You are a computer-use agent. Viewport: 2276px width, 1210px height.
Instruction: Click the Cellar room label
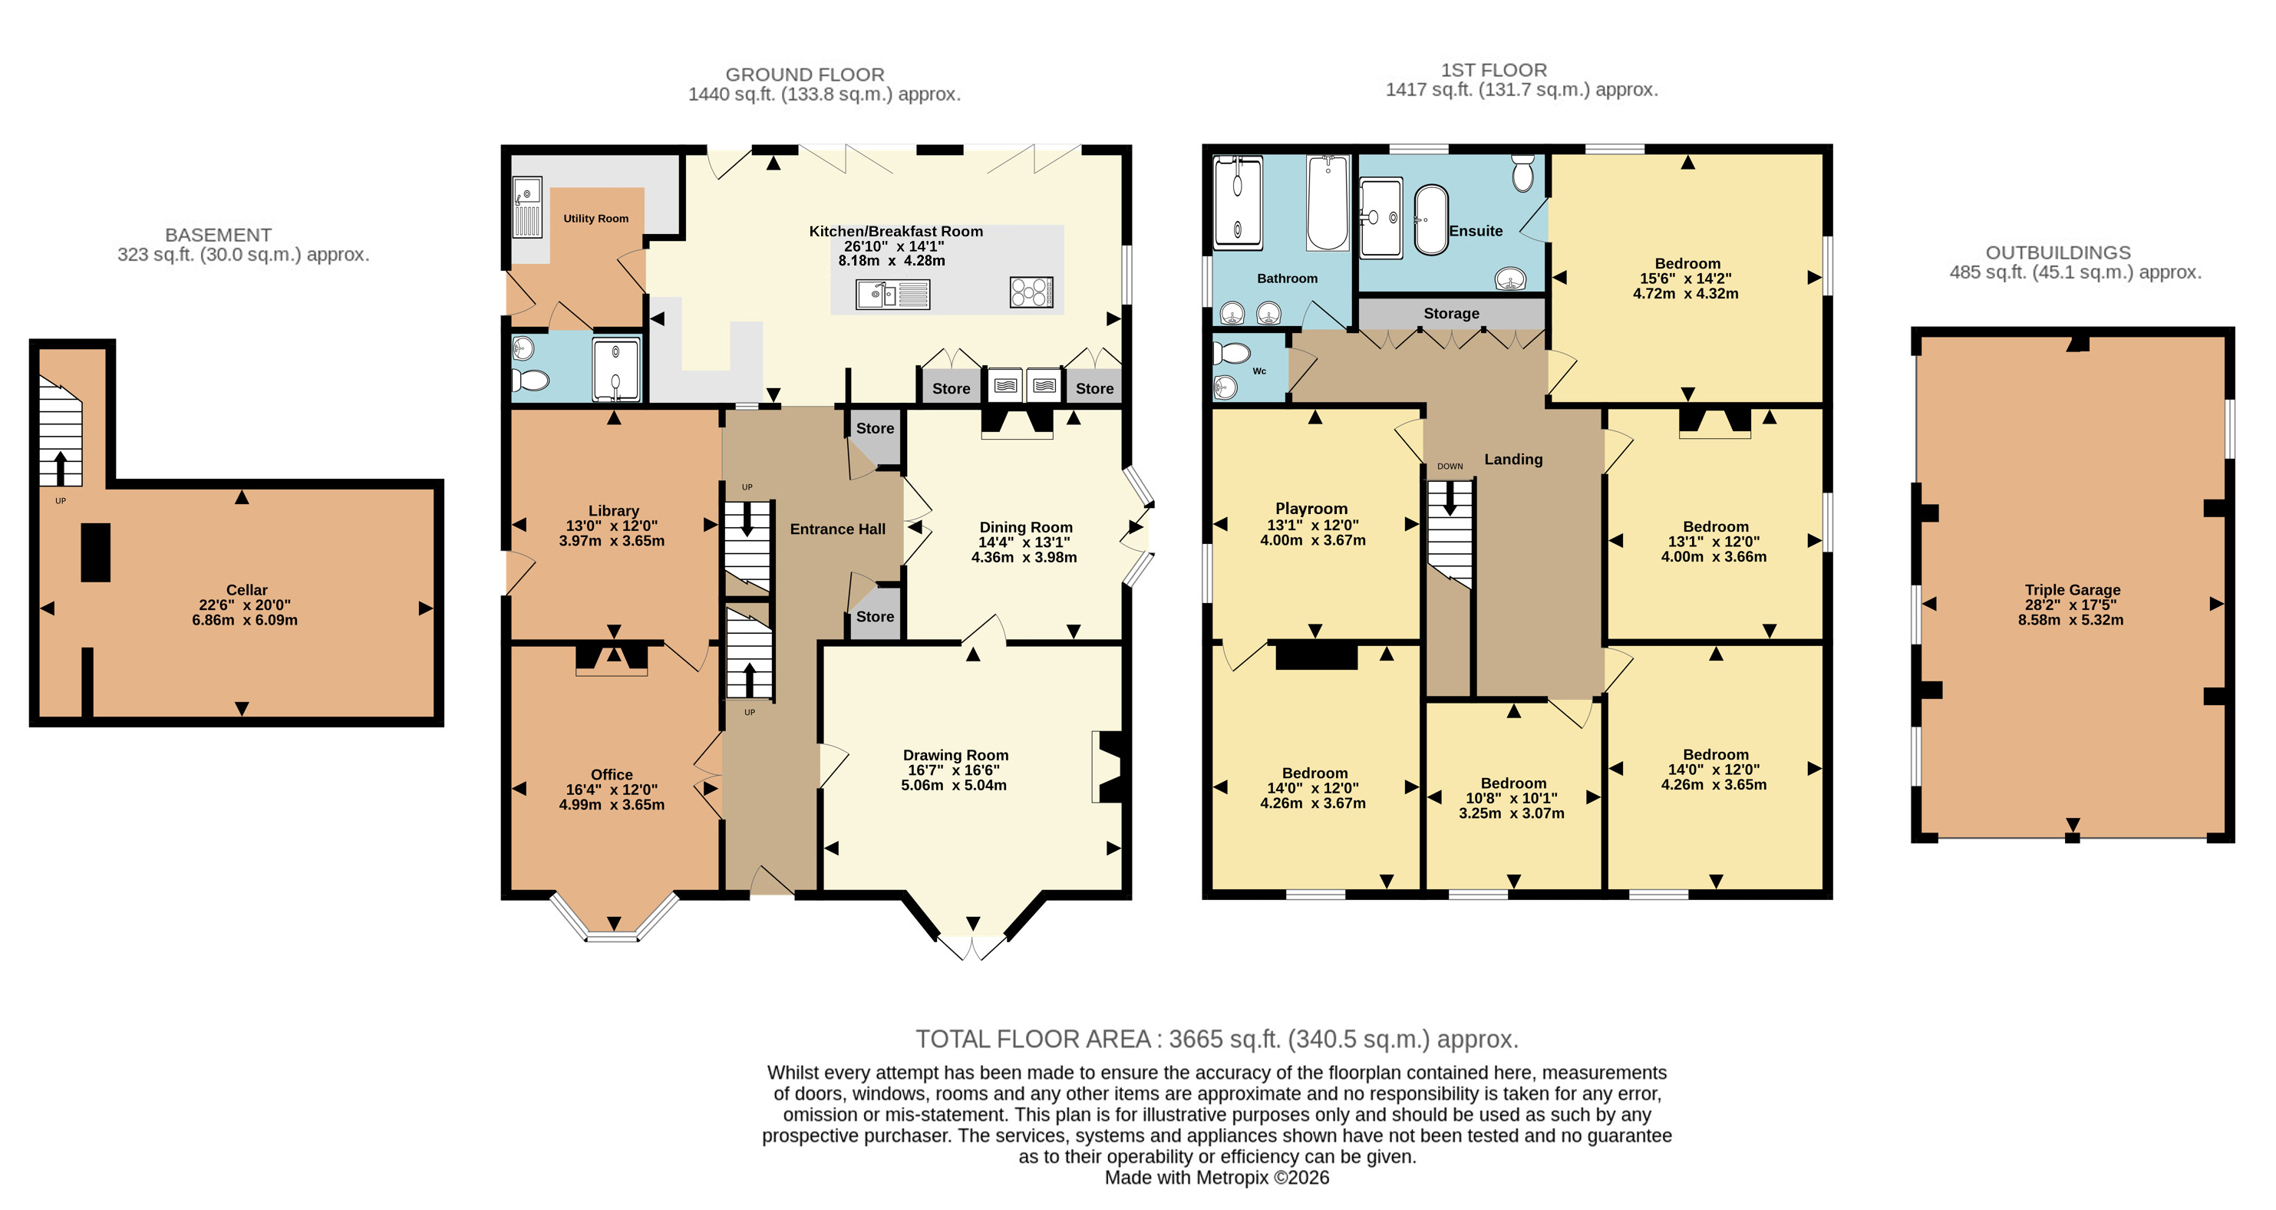(x=246, y=590)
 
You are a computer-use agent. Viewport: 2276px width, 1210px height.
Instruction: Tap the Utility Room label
(x=596, y=218)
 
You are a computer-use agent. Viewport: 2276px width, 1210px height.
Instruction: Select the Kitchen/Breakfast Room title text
(x=896, y=232)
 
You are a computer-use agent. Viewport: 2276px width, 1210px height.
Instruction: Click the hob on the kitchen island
(x=1031, y=292)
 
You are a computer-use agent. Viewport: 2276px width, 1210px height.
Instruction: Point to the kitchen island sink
(x=892, y=294)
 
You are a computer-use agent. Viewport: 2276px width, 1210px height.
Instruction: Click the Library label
(x=613, y=510)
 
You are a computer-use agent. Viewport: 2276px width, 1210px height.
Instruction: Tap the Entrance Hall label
(x=838, y=529)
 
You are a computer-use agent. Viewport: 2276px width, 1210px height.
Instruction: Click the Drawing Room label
(x=955, y=755)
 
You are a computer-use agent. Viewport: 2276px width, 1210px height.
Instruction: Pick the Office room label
(x=612, y=775)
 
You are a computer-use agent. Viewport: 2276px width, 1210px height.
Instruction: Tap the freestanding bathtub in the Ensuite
(x=1431, y=220)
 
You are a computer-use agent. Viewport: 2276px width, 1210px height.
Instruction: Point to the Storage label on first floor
(x=1451, y=314)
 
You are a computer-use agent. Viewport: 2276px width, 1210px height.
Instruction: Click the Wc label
(x=1259, y=371)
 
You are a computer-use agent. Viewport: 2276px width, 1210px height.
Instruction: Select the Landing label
(x=1513, y=460)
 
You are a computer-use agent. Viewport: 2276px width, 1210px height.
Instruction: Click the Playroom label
(x=1311, y=509)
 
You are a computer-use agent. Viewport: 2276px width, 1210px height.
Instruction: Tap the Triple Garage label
(x=2072, y=590)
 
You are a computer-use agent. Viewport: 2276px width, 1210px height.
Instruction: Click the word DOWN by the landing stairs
(x=1450, y=467)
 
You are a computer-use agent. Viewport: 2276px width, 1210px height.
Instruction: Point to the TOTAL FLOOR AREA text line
(x=1216, y=1040)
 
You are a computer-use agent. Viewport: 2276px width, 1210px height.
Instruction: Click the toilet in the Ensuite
(x=1522, y=173)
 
